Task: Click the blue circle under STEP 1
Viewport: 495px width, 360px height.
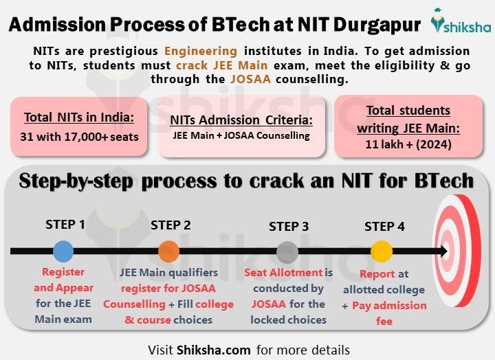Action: tap(63, 251)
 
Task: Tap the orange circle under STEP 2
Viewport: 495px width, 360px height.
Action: tap(168, 251)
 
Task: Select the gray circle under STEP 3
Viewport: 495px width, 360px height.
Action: tap(287, 252)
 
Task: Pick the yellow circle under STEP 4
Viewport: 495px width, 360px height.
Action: tap(381, 251)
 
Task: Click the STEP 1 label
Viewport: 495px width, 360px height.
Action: tap(65, 225)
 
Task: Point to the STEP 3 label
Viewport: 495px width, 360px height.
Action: tap(289, 227)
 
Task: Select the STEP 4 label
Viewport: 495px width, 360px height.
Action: tap(384, 226)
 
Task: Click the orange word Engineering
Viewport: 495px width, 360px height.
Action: tap(201, 52)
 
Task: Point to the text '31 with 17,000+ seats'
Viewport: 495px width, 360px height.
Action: tap(79, 136)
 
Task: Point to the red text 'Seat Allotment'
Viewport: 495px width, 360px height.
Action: tap(280, 272)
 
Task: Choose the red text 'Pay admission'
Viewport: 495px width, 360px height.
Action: tap(389, 305)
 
